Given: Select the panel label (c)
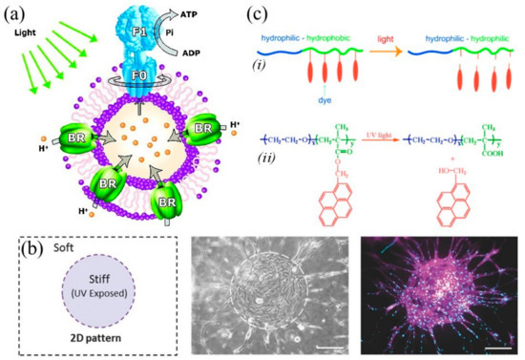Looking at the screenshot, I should pos(277,11).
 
